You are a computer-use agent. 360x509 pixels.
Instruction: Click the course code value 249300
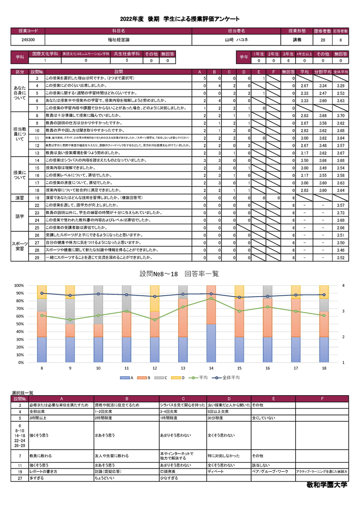tap(28, 40)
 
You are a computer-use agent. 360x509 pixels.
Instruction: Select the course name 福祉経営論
tap(118, 40)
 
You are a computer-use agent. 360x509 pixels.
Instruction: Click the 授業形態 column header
tap(297, 31)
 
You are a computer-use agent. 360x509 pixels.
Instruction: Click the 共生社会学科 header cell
tap(127, 54)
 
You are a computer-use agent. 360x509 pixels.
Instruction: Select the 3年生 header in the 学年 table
tap(288, 54)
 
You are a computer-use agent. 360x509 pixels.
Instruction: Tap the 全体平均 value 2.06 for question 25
tap(341, 228)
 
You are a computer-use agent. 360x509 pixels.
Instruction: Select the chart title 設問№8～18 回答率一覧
tap(180, 274)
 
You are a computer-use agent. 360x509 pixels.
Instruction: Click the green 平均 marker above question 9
tap(70, 320)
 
